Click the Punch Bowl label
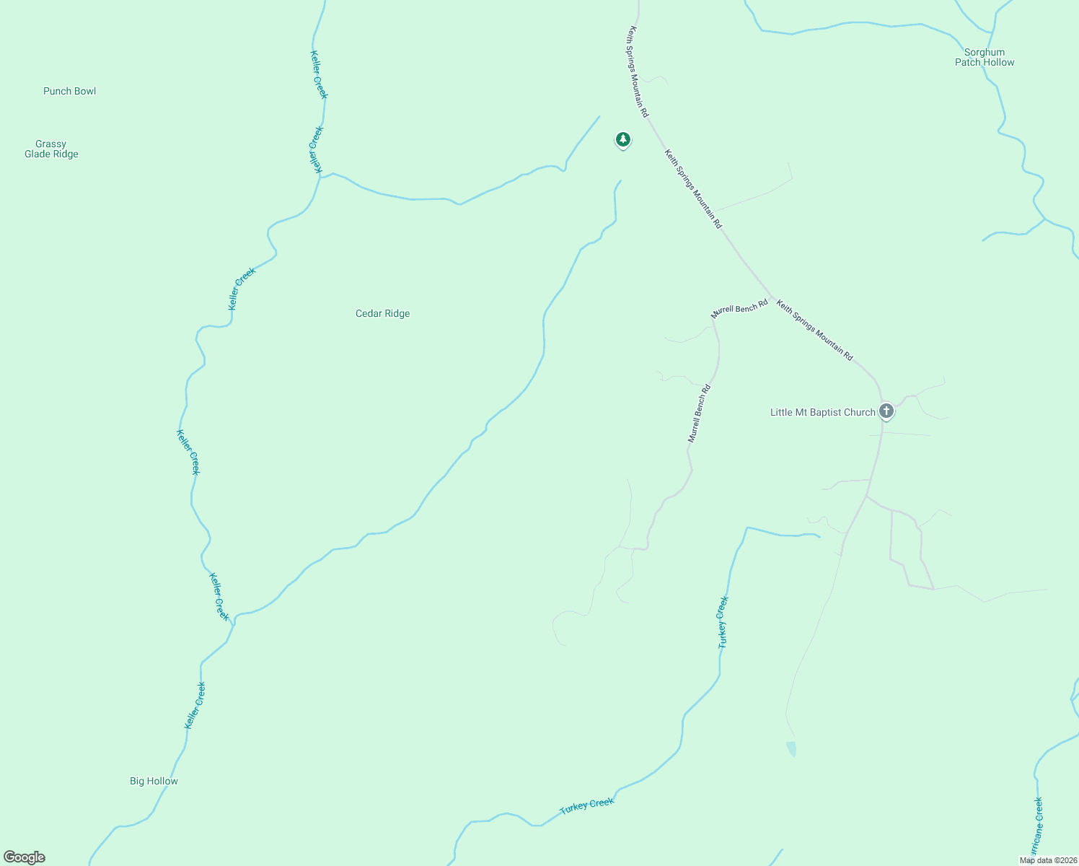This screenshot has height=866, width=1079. (69, 91)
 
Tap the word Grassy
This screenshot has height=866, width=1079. (50, 144)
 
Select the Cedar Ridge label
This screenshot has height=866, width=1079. (382, 313)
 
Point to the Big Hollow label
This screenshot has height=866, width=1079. (154, 781)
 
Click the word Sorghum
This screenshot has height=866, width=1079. (985, 52)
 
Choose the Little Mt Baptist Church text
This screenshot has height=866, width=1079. (822, 412)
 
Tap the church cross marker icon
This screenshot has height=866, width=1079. (886, 411)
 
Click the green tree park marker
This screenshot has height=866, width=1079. (622, 139)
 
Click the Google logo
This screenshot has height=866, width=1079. (25, 857)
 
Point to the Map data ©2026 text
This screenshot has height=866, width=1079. (1047, 860)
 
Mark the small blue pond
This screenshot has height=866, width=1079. (792, 748)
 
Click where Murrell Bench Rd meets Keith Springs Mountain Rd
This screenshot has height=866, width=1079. (772, 298)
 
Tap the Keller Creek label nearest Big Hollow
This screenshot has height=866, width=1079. (195, 705)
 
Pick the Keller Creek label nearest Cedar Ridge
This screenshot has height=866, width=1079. (242, 289)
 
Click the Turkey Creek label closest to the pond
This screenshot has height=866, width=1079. (723, 622)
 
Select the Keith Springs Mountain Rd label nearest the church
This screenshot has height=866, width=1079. (814, 331)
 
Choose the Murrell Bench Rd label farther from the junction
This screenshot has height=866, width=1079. (699, 414)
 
